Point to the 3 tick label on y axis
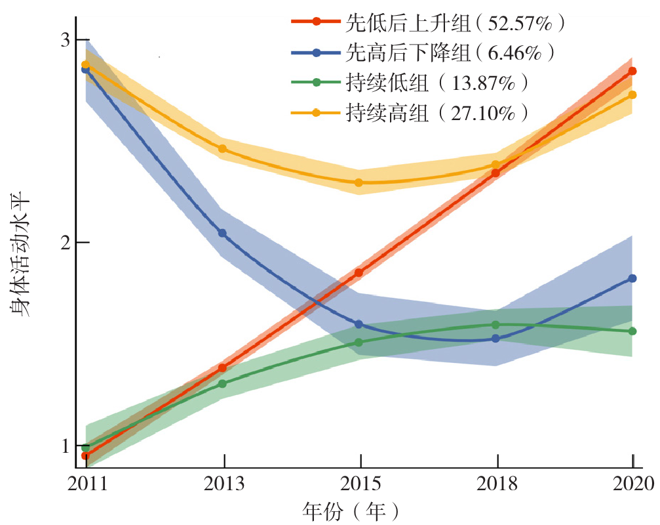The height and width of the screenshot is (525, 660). [x=65, y=39]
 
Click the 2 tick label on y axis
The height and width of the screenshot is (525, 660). [x=65, y=243]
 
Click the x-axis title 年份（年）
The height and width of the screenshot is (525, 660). [x=351, y=511]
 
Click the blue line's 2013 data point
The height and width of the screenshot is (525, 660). [x=222, y=233]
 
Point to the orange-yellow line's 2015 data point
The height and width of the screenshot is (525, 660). [x=359, y=182]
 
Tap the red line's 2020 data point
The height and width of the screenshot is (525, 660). [x=632, y=71]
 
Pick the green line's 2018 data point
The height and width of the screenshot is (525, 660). [x=495, y=324]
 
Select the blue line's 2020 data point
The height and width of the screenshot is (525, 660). [x=632, y=278]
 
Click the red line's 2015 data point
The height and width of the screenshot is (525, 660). [x=359, y=272]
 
